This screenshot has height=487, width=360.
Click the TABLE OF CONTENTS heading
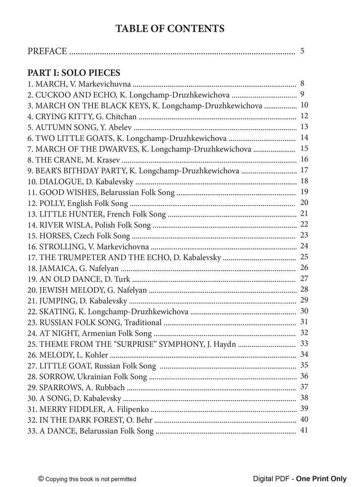pos(170,29)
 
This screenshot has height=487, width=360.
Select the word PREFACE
pos(47,51)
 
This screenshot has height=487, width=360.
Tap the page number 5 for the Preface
pos(302,51)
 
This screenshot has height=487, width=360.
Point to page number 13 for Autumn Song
pos(304,127)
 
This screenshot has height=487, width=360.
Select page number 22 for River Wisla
pos(304,224)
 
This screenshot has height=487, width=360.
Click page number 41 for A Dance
pos(304,430)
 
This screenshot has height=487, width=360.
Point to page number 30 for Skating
pos(304,311)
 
